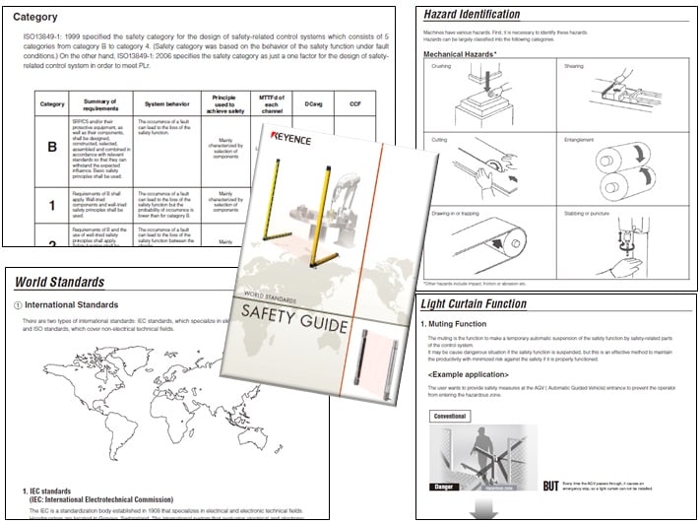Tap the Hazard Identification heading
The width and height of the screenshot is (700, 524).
tap(472, 15)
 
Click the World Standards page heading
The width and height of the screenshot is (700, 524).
tap(59, 283)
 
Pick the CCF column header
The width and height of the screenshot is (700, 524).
tap(354, 103)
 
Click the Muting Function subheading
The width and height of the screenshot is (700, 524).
tap(465, 324)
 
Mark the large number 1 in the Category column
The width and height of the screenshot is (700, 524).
tap(51, 206)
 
